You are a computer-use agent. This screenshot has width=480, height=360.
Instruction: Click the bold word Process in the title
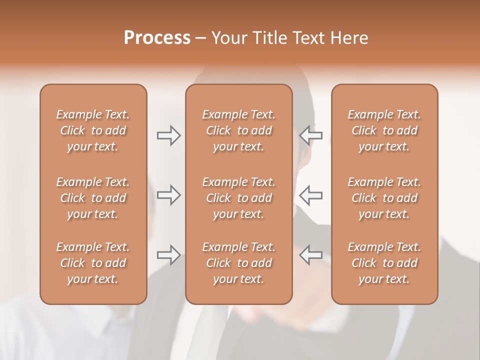[x=157, y=38]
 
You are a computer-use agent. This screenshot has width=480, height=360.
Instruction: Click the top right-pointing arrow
[x=169, y=135]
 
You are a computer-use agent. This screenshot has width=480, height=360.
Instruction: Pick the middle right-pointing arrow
[x=169, y=194]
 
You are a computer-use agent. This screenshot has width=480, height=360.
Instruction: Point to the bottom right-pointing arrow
[x=169, y=254]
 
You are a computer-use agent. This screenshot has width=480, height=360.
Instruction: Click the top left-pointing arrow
[x=311, y=135]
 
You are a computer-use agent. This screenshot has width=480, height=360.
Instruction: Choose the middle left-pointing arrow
[x=311, y=194]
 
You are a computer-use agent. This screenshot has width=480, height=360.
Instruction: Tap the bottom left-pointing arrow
[x=311, y=254]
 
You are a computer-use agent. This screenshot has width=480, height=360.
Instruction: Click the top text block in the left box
[x=93, y=130]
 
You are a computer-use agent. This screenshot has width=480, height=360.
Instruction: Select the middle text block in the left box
[x=93, y=198]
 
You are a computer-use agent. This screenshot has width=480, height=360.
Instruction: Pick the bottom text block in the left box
[x=93, y=263]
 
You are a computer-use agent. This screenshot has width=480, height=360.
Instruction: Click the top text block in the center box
[x=239, y=130]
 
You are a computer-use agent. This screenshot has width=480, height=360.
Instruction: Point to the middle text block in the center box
[x=239, y=198]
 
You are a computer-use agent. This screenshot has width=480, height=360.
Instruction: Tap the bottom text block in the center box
[x=239, y=263]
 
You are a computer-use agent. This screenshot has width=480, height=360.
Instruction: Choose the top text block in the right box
[x=384, y=130]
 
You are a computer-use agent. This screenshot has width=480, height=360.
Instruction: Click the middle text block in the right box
[x=384, y=198]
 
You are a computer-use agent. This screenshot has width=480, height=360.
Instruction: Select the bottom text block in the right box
[x=384, y=263]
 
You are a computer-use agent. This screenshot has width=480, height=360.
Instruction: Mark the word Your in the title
[x=228, y=38]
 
